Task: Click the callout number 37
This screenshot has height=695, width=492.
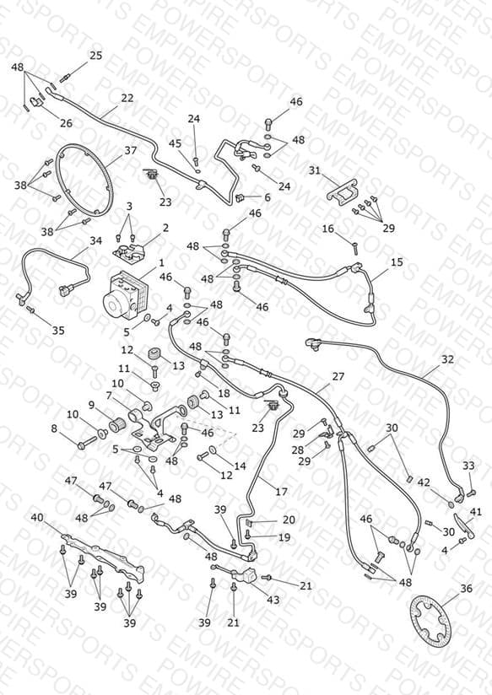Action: [x=131, y=151]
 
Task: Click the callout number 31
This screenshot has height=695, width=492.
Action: [x=315, y=170]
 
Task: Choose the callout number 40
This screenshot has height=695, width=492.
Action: [x=37, y=517]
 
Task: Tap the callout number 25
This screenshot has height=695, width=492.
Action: [x=96, y=56]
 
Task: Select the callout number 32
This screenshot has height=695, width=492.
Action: [x=447, y=359]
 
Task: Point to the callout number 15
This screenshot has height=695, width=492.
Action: [x=397, y=262]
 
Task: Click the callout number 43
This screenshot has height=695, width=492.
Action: [x=273, y=600]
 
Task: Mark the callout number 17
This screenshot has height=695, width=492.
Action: [x=281, y=492]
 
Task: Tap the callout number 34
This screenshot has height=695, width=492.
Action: [x=96, y=240]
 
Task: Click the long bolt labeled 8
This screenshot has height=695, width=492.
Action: [x=87, y=442]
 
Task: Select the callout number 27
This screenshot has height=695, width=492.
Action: [x=338, y=376]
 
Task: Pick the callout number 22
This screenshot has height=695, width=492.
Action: [x=127, y=98]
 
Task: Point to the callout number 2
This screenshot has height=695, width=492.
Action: [x=165, y=228]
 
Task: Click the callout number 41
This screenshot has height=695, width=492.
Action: [x=475, y=512]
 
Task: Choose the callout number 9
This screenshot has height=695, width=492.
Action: [x=91, y=405]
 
